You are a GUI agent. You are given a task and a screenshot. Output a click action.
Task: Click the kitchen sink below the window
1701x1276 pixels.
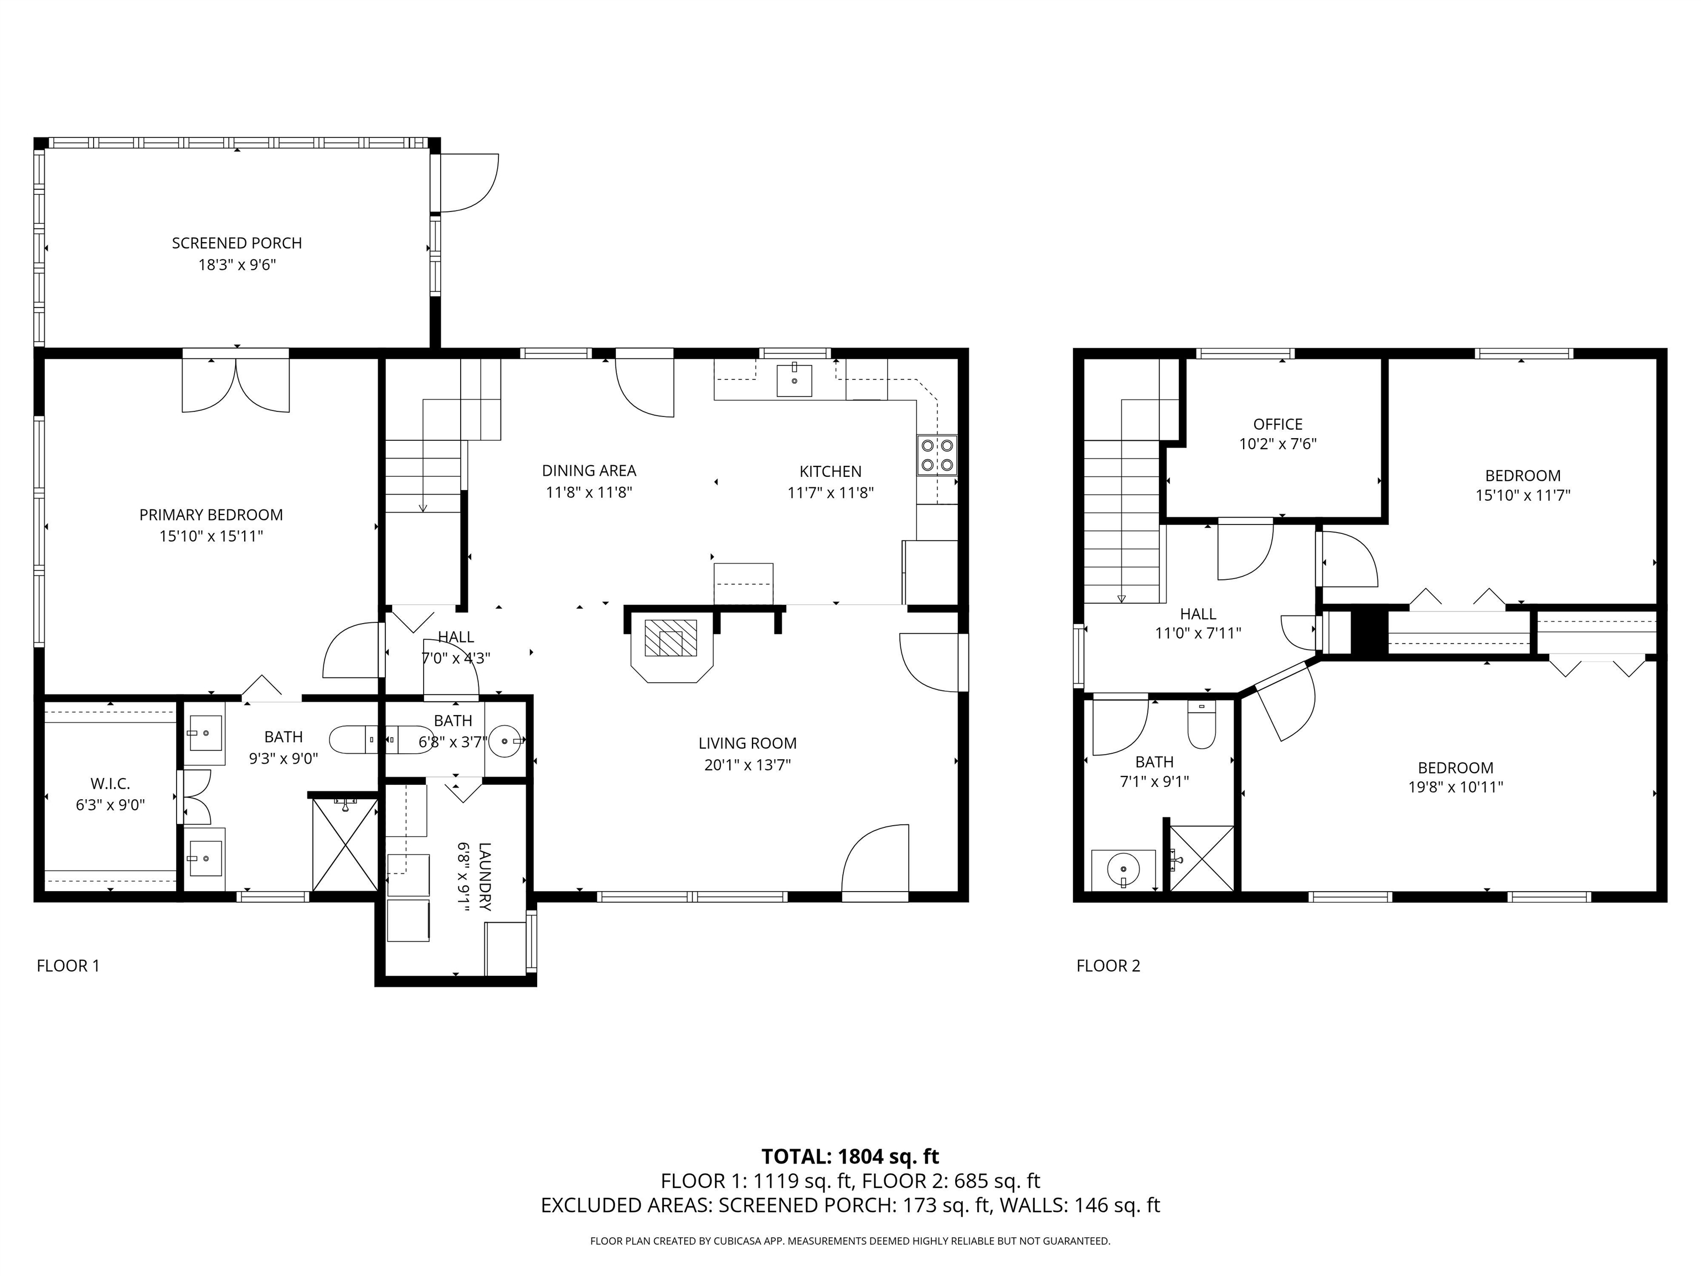tap(795, 380)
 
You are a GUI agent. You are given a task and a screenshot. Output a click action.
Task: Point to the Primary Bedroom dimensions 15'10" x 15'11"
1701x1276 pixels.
tap(211, 536)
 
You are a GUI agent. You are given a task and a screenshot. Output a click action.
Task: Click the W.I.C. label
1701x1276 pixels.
tap(110, 784)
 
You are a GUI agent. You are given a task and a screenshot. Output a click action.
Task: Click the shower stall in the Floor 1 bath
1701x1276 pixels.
tap(346, 844)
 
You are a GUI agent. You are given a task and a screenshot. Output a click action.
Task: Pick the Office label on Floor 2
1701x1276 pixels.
tap(1277, 424)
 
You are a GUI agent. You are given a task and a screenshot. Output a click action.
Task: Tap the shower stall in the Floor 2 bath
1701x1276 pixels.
tap(1201, 857)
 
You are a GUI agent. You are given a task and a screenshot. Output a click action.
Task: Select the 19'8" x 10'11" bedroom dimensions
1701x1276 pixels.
tap(1455, 787)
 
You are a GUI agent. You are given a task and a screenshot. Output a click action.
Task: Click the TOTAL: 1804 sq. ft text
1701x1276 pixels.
tap(850, 1156)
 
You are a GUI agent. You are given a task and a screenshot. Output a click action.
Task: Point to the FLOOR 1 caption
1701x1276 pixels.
tap(69, 966)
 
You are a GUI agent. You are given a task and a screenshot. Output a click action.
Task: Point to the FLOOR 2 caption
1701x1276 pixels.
tap(1107, 966)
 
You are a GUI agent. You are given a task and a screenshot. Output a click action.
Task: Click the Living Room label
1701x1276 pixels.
tap(747, 743)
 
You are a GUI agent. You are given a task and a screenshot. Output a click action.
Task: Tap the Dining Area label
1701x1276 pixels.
tap(589, 471)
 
